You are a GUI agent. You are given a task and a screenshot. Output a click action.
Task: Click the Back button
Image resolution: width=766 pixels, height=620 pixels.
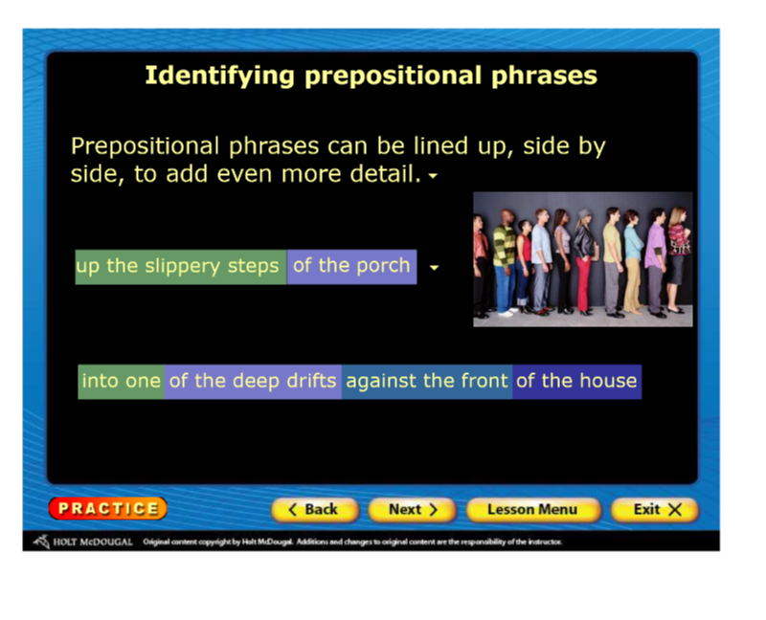[315, 510]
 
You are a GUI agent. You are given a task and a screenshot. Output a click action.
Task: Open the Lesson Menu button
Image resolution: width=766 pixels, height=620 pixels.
[532, 510]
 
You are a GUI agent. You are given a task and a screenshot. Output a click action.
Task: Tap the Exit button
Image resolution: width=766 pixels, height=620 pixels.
[655, 510]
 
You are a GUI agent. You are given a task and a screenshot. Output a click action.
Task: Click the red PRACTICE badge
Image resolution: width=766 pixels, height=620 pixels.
[108, 508]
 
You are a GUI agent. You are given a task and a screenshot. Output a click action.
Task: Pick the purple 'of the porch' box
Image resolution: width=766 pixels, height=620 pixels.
[351, 267]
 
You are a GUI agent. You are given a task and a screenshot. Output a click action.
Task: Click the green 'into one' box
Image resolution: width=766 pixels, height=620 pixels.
[122, 382]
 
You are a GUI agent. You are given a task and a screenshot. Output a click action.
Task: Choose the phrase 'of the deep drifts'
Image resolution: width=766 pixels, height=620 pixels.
[253, 382]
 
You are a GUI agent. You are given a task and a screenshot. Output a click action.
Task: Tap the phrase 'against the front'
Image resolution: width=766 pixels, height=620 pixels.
[427, 382]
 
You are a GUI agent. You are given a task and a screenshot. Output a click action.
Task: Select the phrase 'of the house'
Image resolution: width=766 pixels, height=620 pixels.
[577, 382]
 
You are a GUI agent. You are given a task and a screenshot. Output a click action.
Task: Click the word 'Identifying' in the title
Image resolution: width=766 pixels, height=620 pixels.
[220, 77]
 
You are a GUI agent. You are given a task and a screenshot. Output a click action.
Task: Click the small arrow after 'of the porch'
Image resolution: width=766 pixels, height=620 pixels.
[434, 268]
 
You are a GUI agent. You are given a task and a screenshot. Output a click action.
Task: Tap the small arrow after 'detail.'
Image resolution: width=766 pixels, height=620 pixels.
[433, 176]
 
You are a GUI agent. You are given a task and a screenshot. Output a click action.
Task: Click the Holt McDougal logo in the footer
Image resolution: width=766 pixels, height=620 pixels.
[83, 542]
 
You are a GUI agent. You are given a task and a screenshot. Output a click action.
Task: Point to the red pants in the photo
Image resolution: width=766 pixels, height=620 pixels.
[583, 283]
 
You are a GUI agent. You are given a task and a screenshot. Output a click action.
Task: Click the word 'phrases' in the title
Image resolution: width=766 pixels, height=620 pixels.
[544, 77]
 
